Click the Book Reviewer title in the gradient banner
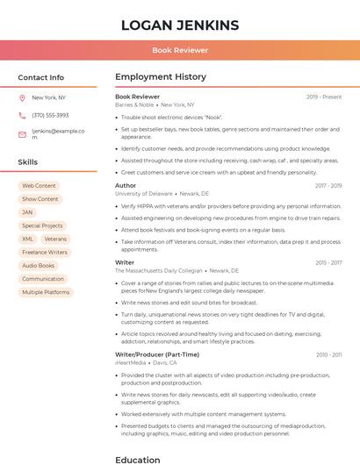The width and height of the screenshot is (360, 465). pos(180,50)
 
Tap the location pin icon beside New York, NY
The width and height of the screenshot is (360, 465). pos(22,97)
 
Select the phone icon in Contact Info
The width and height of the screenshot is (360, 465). pos(22,115)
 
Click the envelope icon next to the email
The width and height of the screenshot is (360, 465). pos(22,134)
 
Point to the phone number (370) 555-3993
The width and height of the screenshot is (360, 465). pos(50,115)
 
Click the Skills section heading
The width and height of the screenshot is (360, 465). pos(28,162)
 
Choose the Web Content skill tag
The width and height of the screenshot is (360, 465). pos(39,186)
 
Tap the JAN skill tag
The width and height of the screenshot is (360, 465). pos(27,212)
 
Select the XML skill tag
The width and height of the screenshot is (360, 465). pos(28,239)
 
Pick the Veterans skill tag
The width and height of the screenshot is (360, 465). pos(55,239)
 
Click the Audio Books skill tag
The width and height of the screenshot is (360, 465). pos(38,266)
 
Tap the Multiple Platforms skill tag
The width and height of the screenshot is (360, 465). pos(46,292)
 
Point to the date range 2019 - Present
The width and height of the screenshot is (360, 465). pos(324,97)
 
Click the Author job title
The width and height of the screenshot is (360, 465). pos(126,186)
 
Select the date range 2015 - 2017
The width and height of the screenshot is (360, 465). pos(328,262)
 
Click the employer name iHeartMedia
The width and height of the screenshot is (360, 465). pos(130,362)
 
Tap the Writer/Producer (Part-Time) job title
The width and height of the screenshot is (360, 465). pos(157,354)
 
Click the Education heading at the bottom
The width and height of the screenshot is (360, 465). pos(137,459)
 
